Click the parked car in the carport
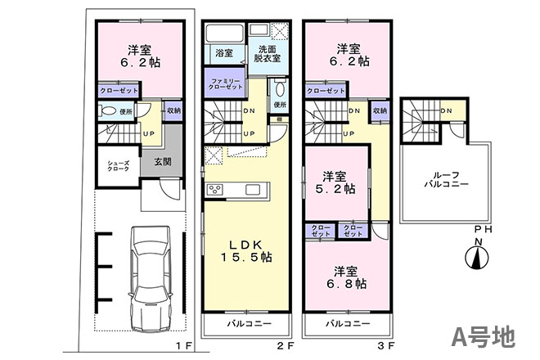coord(151,279)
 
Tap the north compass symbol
coord(477,258)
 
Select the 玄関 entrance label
coord(163,161)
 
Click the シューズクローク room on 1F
coord(119,166)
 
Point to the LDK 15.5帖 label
coord(246,251)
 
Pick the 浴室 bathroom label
coord(224,53)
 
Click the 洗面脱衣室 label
coord(268,54)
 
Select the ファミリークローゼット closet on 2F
coord(225,83)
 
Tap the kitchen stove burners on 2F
coord(214,190)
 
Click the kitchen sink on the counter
coord(253,190)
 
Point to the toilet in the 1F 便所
coord(107,111)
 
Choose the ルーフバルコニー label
coord(446,179)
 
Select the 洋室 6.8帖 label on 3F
coord(346,277)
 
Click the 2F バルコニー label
coord(249,324)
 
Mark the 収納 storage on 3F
coord(380,111)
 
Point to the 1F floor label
coord(183,345)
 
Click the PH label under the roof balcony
coord(484,229)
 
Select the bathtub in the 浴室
coord(224,34)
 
